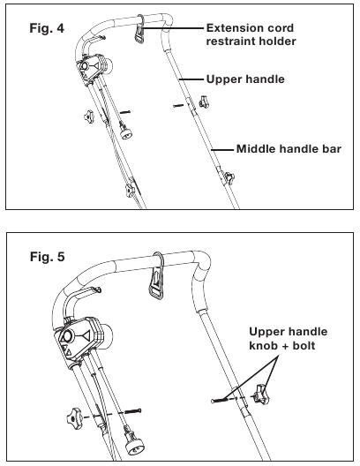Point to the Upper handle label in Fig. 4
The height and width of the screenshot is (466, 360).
click(x=244, y=79)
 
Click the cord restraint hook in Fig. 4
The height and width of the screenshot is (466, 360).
click(x=139, y=34)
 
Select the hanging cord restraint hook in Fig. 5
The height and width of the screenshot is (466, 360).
click(x=156, y=282)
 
